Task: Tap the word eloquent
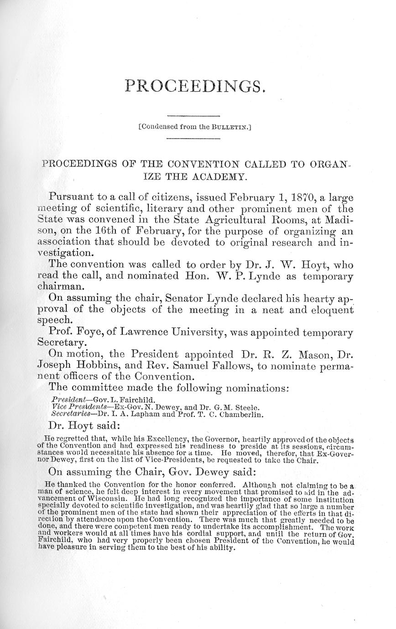click(327, 310)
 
